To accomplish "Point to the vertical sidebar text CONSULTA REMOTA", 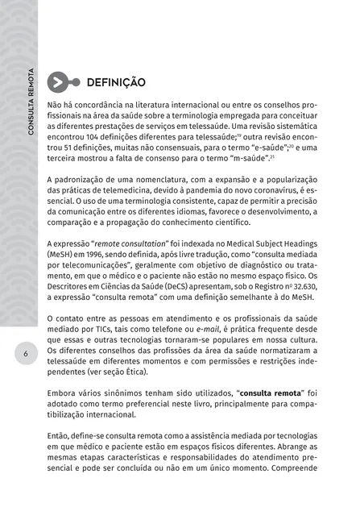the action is pyautogui.click(x=30, y=113).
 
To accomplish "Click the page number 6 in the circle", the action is pyautogui.click(x=27, y=353).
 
